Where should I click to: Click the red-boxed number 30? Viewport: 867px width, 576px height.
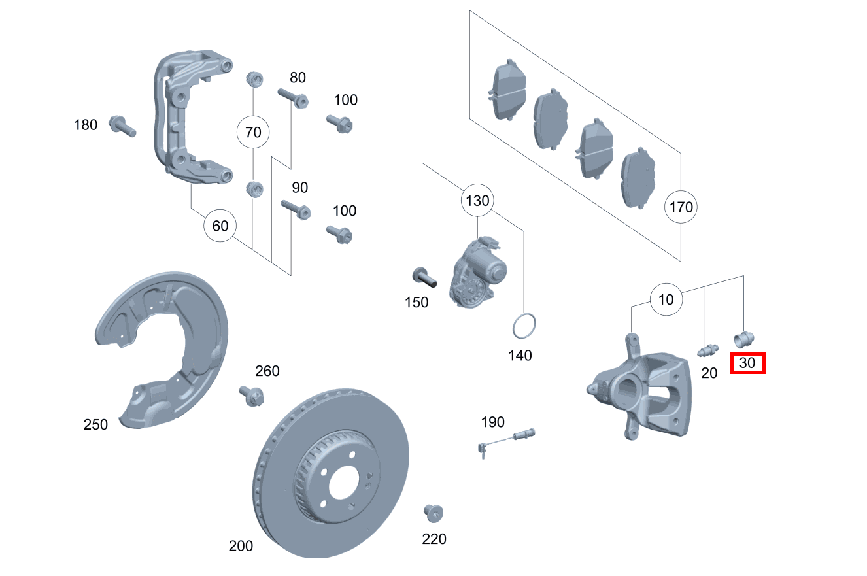[x=747, y=363]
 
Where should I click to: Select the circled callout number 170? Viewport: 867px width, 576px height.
[x=681, y=208]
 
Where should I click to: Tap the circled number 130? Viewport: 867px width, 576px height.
[x=477, y=201]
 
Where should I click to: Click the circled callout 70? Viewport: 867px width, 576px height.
[x=252, y=133]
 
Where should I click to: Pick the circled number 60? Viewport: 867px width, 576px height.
[x=220, y=226]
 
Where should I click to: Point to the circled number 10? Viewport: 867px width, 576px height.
[x=666, y=300]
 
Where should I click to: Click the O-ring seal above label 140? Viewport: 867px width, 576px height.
[x=524, y=326]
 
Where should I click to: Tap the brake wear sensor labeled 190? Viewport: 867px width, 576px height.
[x=507, y=438]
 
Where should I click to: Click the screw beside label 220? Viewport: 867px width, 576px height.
[x=432, y=513]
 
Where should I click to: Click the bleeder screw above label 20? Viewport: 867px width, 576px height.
[x=707, y=350]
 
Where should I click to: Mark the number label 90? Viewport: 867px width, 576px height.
[x=299, y=188]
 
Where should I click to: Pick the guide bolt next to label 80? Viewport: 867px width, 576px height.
[x=292, y=98]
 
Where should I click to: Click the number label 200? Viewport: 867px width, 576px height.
[x=241, y=546]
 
